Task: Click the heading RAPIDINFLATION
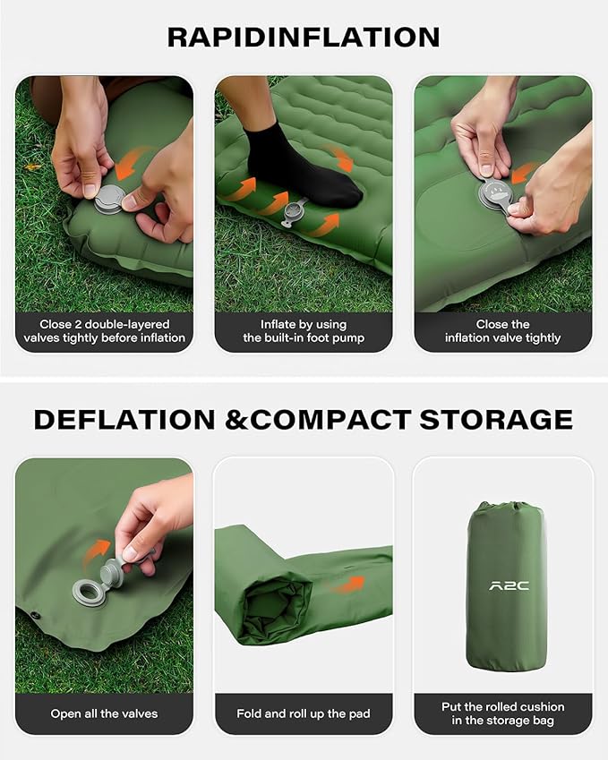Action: point(304,37)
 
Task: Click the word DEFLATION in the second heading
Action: point(124,419)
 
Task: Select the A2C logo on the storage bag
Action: point(508,586)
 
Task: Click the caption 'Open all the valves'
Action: point(104,713)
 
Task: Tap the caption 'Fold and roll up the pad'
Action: point(304,713)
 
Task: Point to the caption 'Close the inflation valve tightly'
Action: point(502,331)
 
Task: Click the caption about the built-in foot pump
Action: point(304,331)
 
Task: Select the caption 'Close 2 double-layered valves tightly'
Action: point(104,331)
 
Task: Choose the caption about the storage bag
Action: point(502,713)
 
